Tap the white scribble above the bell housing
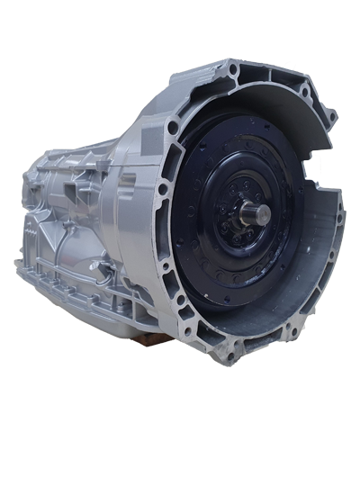[x=290, y=66]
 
